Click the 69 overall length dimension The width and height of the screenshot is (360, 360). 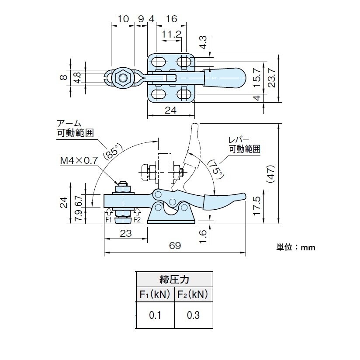click(175, 246)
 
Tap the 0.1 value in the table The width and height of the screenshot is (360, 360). click(155, 315)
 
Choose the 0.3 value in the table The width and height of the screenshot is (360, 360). click(194, 315)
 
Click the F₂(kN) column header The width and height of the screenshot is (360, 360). click(193, 294)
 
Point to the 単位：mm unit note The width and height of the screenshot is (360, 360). click(296, 247)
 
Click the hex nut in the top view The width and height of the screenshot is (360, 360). click(123, 78)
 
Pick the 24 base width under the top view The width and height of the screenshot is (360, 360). click(170, 111)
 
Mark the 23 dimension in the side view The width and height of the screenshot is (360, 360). click(125, 233)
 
